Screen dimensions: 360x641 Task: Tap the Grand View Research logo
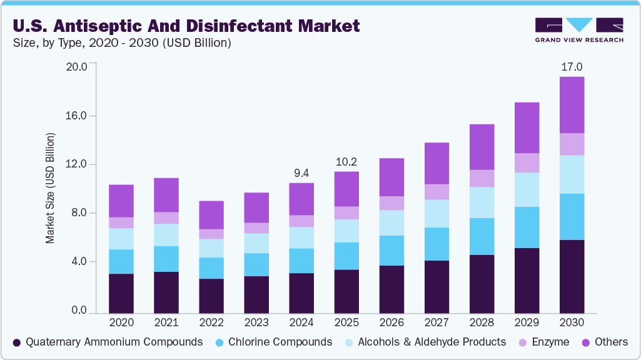[x=579, y=30]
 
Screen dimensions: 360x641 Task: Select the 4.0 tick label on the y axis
[x=79, y=261]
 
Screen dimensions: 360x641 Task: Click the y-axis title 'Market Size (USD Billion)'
[x=50, y=187]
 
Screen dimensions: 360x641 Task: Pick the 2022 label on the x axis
[x=211, y=322]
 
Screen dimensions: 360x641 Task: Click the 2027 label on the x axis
[x=437, y=322]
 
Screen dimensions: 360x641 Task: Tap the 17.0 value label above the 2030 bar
[x=572, y=66]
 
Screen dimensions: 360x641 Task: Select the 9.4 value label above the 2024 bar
[x=301, y=172]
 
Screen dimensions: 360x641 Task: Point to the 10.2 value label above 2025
[x=346, y=161]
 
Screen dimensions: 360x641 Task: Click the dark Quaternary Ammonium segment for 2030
[x=572, y=276]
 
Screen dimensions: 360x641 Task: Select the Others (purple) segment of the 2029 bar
[x=527, y=127]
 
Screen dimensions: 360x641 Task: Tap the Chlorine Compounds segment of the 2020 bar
[x=121, y=261]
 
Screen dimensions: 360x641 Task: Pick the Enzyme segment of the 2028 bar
[x=482, y=178]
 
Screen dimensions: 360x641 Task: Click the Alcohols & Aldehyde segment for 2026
[x=391, y=222]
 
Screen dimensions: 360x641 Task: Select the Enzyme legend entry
[x=543, y=342]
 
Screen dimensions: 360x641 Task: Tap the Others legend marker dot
[x=586, y=342]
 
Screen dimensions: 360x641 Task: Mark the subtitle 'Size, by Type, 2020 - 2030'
[x=121, y=43]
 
